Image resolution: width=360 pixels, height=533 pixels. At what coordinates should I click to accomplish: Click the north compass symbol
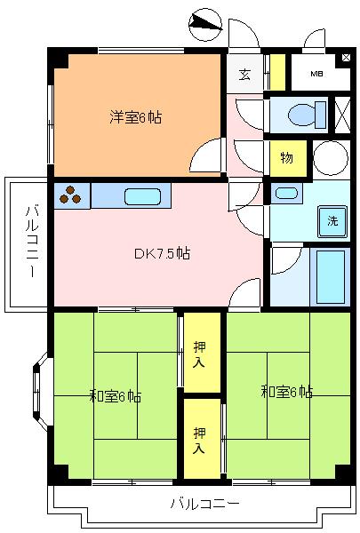205,25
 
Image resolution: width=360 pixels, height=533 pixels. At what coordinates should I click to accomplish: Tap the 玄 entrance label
244,75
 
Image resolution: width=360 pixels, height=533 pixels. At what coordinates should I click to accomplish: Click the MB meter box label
316,74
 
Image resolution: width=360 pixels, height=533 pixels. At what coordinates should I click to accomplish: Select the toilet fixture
307,115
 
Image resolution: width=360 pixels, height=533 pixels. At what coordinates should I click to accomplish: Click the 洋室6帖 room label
135,117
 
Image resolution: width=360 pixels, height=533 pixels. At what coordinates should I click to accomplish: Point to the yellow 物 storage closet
288,158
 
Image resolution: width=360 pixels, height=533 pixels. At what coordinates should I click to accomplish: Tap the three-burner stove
72,195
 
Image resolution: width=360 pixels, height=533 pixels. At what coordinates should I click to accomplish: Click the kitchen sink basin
142,197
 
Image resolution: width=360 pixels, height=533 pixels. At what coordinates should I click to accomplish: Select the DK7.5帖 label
162,253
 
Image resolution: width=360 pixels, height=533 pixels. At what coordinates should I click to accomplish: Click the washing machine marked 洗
332,221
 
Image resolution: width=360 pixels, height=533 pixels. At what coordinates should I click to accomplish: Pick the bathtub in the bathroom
330,277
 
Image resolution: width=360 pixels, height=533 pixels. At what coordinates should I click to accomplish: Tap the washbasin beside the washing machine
286,194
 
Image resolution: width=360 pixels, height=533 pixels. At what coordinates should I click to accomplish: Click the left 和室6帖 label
115,397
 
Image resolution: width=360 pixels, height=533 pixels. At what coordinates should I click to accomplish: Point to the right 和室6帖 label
286,392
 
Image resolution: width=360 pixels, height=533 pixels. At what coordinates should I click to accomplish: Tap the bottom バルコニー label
204,504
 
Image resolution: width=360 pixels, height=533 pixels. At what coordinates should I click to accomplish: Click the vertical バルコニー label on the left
32,242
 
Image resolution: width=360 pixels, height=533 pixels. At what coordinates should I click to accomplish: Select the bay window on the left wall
41,391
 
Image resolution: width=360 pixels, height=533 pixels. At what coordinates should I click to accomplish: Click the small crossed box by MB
346,58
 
